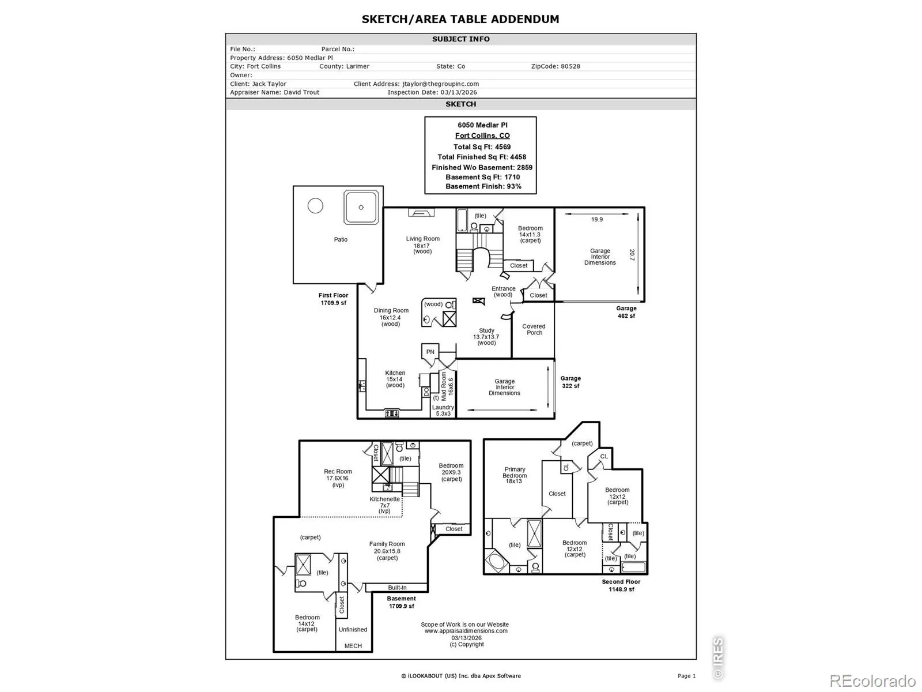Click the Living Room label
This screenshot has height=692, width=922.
click(422, 239)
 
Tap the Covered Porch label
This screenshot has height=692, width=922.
click(534, 329)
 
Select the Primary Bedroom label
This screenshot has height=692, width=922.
click(515, 472)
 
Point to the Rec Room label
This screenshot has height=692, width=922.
click(338, 471)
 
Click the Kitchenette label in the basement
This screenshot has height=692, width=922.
click(384, 499)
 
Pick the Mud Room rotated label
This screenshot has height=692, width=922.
click(444, 386)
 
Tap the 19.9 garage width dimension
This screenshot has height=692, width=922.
click(596, 219)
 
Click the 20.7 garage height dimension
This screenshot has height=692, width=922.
click(632, 255)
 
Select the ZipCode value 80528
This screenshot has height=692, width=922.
click(568, 66)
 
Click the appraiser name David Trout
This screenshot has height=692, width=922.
click(301, 92)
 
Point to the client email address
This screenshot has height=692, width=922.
click(440, 84)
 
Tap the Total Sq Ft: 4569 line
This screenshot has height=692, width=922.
click(482, 147)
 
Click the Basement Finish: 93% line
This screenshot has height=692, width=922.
click(483, 186)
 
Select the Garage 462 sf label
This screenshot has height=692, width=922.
click(626, 312)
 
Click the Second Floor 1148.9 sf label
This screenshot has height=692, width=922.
click(621, 586)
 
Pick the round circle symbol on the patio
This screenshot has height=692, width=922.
click(315, 205)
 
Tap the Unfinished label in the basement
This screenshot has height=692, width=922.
click(353, 629)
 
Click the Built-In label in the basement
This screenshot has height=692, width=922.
click(397, 588)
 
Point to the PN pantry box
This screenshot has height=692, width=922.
click(430, 352)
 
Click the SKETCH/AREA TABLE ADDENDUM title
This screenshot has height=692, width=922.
click(460, 20)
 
